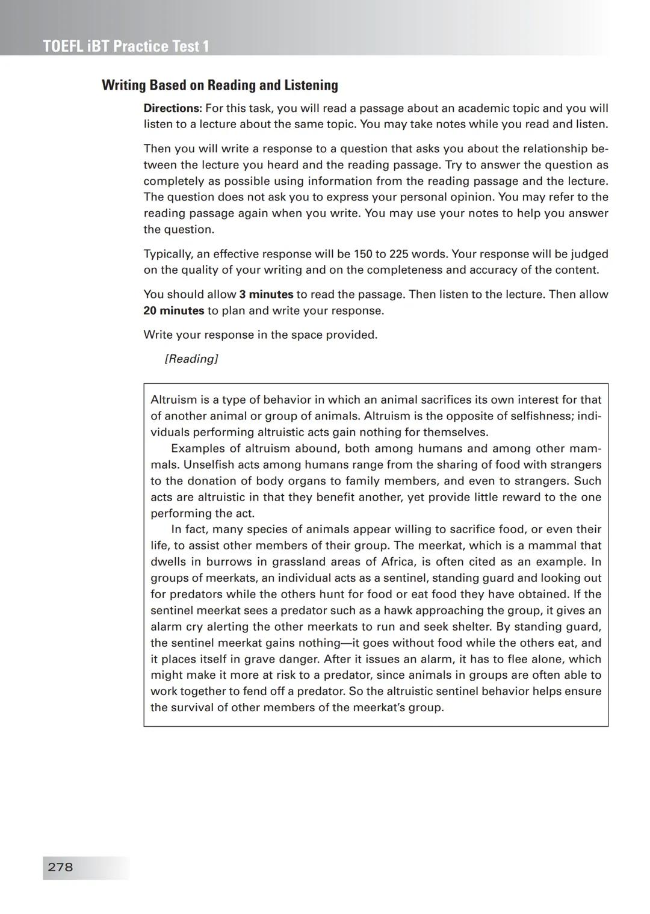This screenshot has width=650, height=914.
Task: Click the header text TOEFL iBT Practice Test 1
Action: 126,46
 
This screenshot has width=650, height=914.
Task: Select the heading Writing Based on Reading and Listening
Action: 220,85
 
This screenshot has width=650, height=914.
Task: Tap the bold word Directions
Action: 172,108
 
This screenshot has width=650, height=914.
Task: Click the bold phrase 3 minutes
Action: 266,294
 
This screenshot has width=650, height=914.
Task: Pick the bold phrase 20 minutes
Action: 173,310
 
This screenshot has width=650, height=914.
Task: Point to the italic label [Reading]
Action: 191,359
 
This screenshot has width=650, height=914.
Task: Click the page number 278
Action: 60,867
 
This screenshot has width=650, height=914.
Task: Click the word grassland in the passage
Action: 299,561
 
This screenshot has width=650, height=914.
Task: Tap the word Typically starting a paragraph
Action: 168,254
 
